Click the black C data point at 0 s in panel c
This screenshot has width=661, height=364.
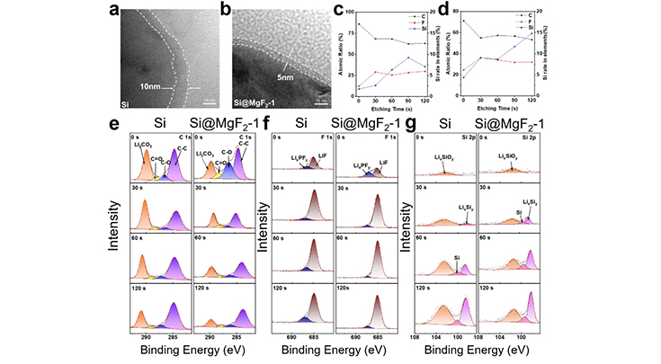click(359, 24)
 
